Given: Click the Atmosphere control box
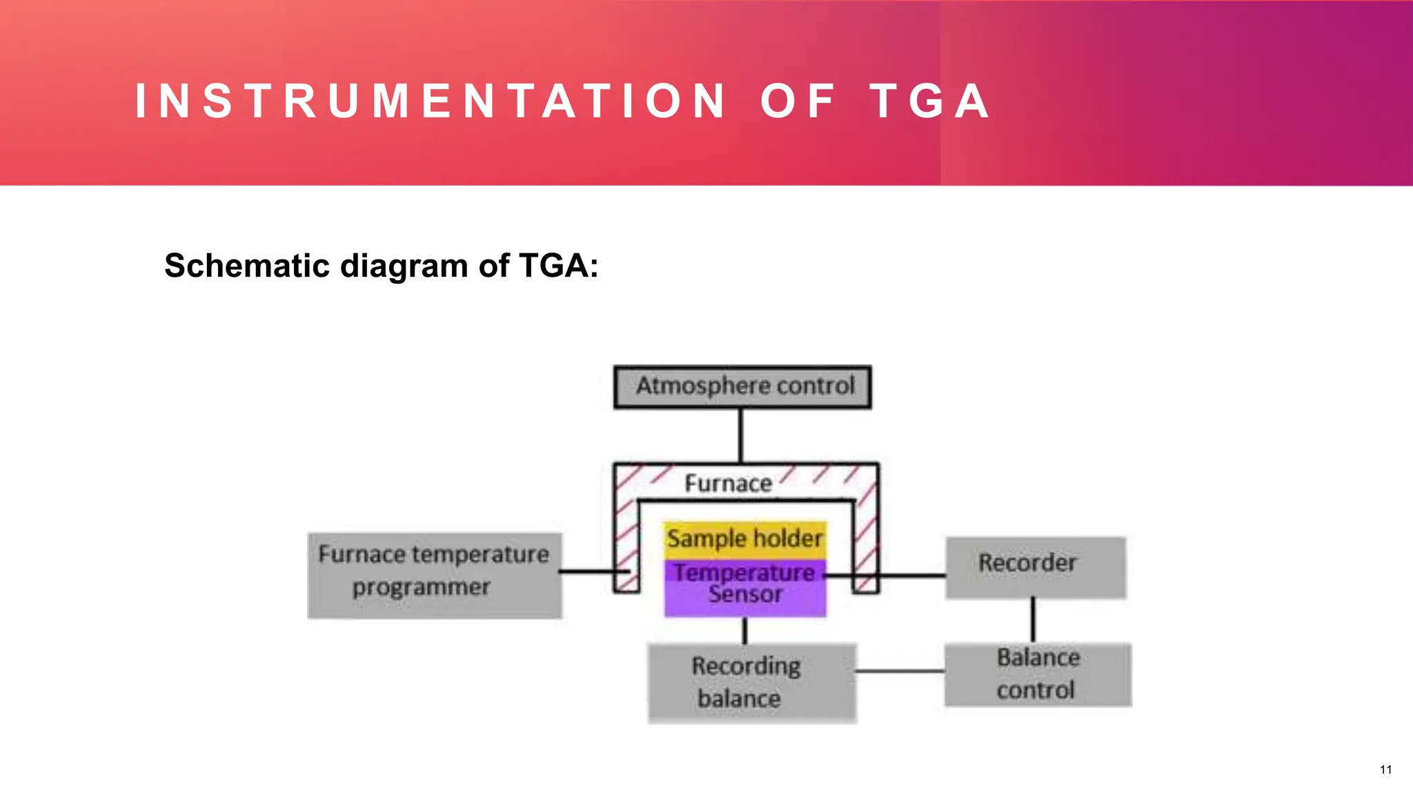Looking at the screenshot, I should tap(742, 387).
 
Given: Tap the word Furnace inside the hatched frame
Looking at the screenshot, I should tap(728, 484).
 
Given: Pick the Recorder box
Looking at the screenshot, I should tap(1035, 567).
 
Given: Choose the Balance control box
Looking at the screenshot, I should tap(1038, 674).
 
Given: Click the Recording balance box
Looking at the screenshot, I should tap(751, 683).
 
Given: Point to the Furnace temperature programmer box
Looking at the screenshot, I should tap(434, 575).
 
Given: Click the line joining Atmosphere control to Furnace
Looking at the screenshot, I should tap(741, 435).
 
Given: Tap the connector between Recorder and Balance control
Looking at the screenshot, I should tap(1033, 620).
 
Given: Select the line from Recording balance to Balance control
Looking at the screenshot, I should tap(900, 671).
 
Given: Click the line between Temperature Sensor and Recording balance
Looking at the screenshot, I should tap(744, 631).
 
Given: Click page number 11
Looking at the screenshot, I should tap(1385, 769).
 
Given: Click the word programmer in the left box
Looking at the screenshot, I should tap(421, 588).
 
